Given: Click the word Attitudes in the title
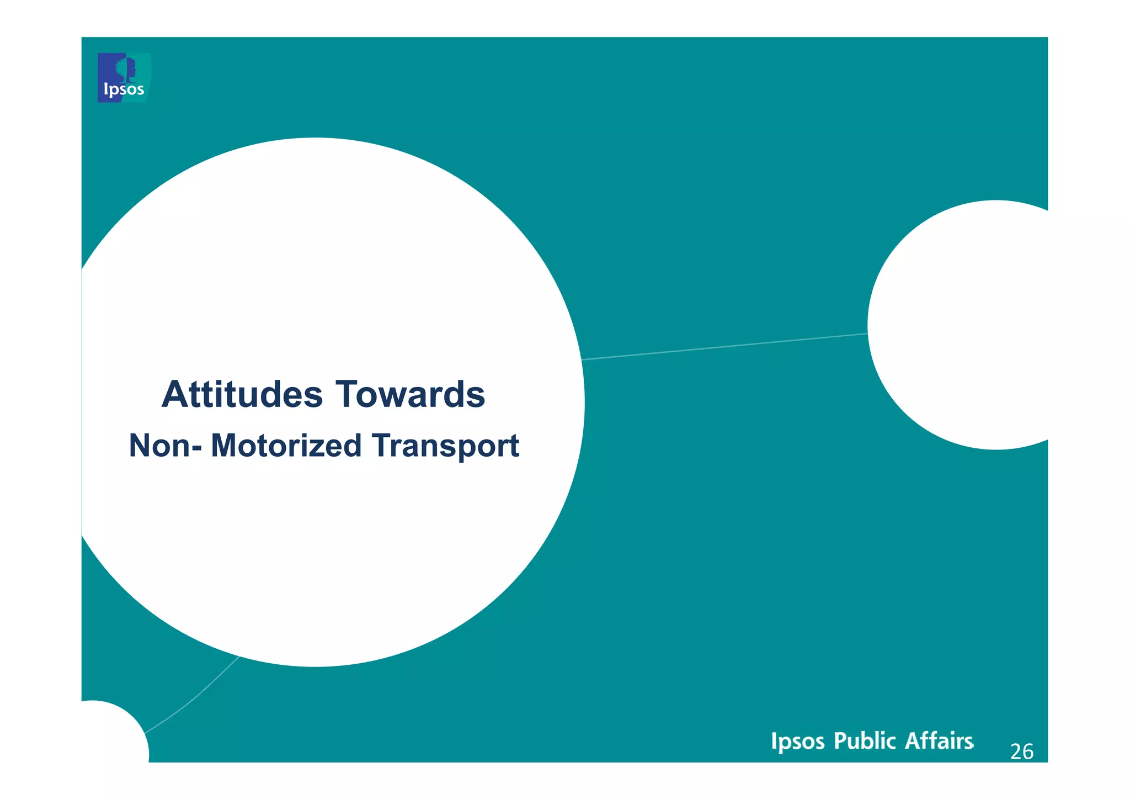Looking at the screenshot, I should [242, 395].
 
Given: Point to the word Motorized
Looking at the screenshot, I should [286, 446].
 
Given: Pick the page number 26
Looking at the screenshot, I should [1021, 752].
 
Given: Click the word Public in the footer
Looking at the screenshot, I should [865, 741].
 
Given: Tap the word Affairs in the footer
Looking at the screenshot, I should [939, 741].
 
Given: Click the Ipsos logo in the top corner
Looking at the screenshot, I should [124, 78].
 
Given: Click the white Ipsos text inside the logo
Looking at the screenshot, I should [124, 89].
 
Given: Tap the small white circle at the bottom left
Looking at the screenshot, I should [110, 734].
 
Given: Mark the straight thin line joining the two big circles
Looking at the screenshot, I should [723, 347].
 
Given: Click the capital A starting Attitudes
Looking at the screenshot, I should [174, 395].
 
